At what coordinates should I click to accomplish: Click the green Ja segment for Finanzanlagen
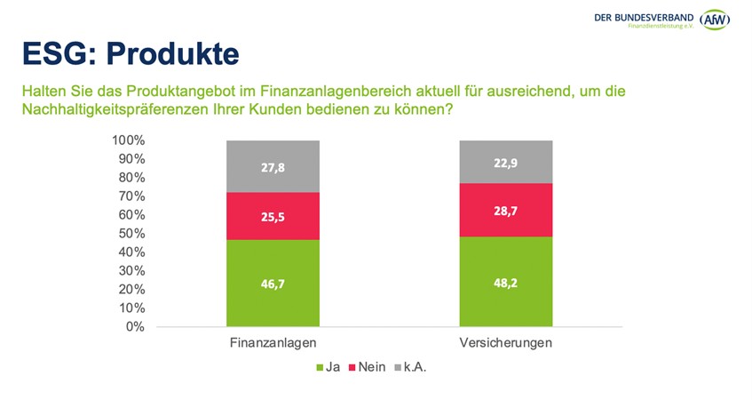click(273, 283)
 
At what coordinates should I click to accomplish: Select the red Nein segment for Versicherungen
click(506, 210)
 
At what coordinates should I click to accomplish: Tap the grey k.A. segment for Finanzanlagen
click(273, 166)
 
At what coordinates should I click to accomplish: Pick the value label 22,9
click(506, 163)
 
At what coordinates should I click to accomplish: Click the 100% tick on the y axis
click(129, 140)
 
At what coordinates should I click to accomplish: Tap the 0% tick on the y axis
click(135, 326)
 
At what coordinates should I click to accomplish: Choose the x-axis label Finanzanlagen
click(273, 344)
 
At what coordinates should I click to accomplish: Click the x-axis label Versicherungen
click(506, 344)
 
